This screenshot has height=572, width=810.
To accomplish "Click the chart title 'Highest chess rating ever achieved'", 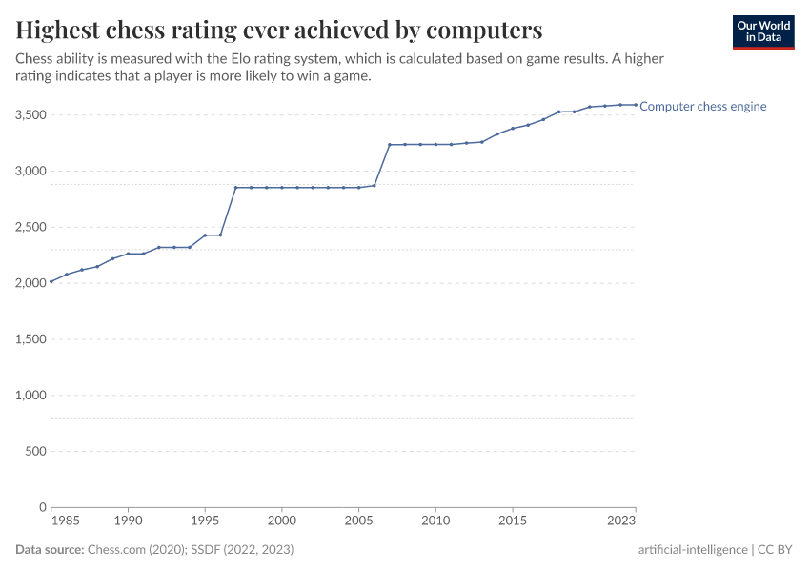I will point(279,30).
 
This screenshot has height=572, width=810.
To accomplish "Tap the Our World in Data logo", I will point(762,31).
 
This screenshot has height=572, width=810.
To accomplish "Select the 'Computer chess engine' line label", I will point(702,107).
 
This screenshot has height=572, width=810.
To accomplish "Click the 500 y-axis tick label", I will point(36,452).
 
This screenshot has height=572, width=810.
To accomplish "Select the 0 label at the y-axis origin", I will point(43,507).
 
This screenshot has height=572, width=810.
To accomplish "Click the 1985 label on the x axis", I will point(66,521).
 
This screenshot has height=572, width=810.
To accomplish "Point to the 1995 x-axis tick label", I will point(205,521).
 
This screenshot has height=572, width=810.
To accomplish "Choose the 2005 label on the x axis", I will point(358,521).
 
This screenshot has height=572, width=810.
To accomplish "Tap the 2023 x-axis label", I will point(621,521).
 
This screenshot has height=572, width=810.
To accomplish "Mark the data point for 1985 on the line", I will point(51,282).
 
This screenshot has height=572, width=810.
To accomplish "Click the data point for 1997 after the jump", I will point(235,188).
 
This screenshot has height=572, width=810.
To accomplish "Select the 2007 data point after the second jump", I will point(390,145).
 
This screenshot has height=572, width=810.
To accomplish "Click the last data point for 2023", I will point(636,105).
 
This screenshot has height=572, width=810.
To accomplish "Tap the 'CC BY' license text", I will point(776,550).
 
